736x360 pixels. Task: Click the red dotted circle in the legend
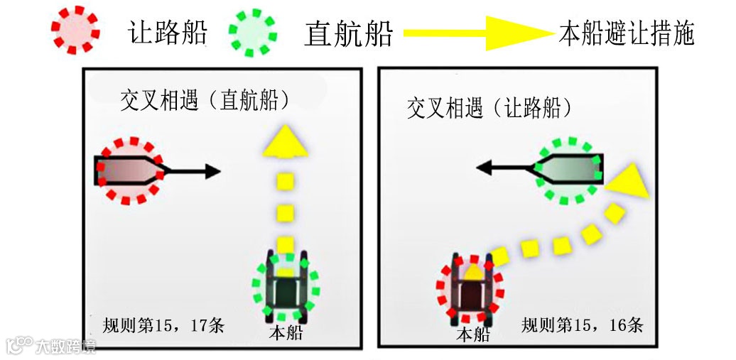pyautogui.click(x=74, y=31)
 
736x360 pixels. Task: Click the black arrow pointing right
pyautogui.click(x=195, y=171)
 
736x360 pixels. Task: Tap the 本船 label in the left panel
pyautogui.click(x=286, y=332)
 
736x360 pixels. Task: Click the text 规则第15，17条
pyautogui.click(x=163, y=326)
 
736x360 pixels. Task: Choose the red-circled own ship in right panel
pyautogui.click(x=470, y=288)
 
